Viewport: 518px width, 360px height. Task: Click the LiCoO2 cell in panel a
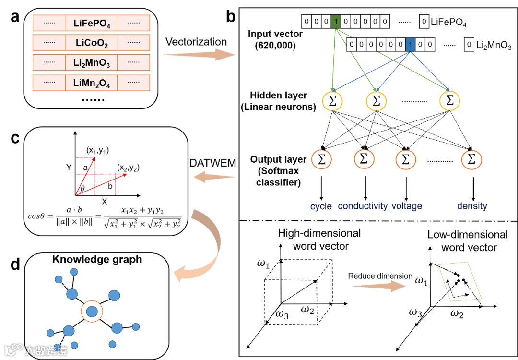pos(92,43)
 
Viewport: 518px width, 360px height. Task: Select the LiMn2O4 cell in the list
pos(92,83)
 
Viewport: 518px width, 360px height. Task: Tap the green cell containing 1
pos(337,21)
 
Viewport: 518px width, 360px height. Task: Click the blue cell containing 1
pos(410,45)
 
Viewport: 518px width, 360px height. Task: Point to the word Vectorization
pos(196,42)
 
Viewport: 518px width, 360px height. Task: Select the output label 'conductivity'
pos(363,206)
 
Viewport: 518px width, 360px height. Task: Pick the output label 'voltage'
pos(407,206)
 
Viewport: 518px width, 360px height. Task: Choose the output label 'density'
pos(472,206)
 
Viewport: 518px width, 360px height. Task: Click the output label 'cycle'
pos(321,206)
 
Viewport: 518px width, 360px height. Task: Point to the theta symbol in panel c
pos(83,189)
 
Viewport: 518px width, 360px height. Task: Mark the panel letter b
pos(231,18)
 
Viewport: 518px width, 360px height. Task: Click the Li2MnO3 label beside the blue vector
pos(494,46)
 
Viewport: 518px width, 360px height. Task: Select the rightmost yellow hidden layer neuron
pos(449,100)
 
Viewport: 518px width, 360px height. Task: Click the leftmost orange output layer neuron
pos(322,159)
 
